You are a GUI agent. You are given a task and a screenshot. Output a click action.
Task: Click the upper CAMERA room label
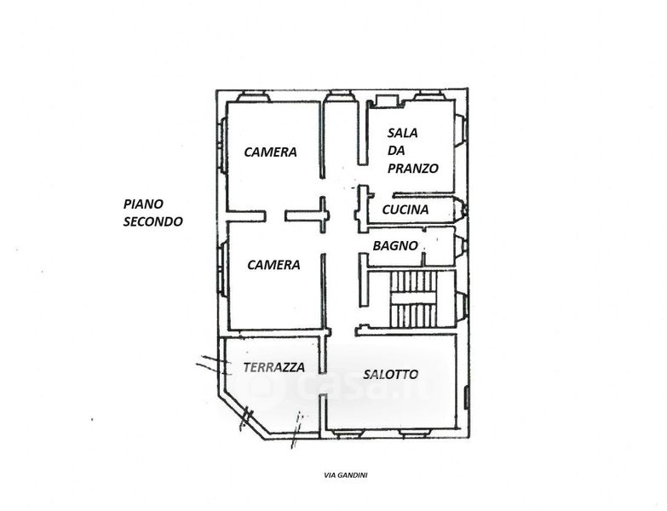[x=270, y=152]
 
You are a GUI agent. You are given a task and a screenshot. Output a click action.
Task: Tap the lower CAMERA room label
[x=273, y=265]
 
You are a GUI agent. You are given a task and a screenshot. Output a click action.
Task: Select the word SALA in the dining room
[x=401, y=133]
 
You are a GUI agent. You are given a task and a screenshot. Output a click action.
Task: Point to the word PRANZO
[x=412, y=169]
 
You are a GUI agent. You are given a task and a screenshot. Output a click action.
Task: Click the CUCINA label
[x=405, y=210]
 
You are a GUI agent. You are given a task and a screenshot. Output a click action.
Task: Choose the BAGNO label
[x=395, y=245]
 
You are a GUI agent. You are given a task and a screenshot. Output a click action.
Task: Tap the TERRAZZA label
[x=273, y=368]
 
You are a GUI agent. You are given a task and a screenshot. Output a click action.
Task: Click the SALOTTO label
[x=390, y=374]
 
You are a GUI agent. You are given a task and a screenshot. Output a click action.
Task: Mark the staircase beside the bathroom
[x=412, y=299]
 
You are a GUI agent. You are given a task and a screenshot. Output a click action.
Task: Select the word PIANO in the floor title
[x=143, y=204]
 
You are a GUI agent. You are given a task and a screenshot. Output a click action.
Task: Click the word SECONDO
[x=152, y=221]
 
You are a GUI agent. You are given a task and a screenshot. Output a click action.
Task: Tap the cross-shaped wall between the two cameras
[x=323, y=215]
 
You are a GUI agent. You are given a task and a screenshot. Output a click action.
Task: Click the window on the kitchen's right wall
[x=461, y=210]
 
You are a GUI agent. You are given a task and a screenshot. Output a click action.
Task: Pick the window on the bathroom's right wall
[x=460, y=248]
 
